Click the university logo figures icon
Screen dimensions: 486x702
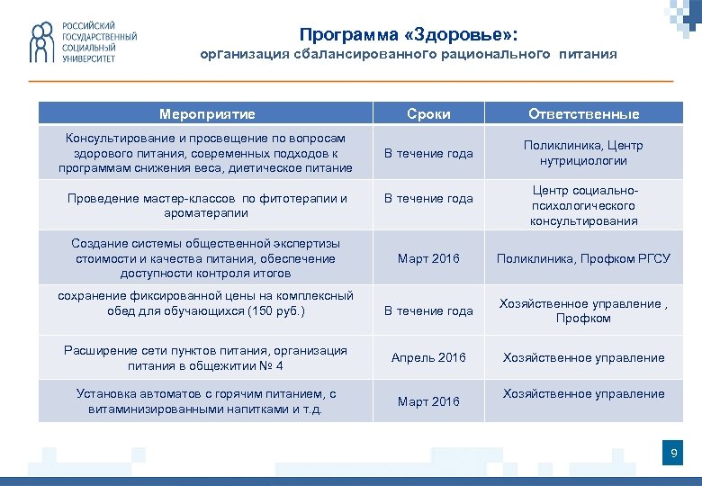(x=42, y=42)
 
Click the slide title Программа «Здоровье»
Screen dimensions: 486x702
(x=409, y=34)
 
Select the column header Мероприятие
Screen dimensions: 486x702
(x=206, y=113)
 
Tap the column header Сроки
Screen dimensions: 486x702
(x=428, y=113)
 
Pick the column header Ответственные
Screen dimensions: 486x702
(x=583, y=113)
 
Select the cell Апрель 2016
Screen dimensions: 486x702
(x=428, y=357)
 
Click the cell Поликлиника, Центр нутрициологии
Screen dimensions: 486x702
(x=583, y=153)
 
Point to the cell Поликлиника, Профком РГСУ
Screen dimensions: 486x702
(x=583, y=258)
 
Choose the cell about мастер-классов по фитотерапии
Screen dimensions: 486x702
(x=206, y=205)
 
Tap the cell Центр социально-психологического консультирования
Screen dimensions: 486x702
(x=583, y=206)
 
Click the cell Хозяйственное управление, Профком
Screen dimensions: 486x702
(x=583, y=310)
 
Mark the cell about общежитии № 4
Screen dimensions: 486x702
(x=206, y=358)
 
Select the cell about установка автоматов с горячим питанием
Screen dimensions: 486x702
(x=206, y=401)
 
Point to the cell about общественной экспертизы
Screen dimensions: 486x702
(x=206, y=258)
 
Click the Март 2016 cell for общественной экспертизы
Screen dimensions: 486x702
(x=428, y=258)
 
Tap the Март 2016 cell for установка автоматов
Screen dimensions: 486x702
(x=428, y=401)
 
